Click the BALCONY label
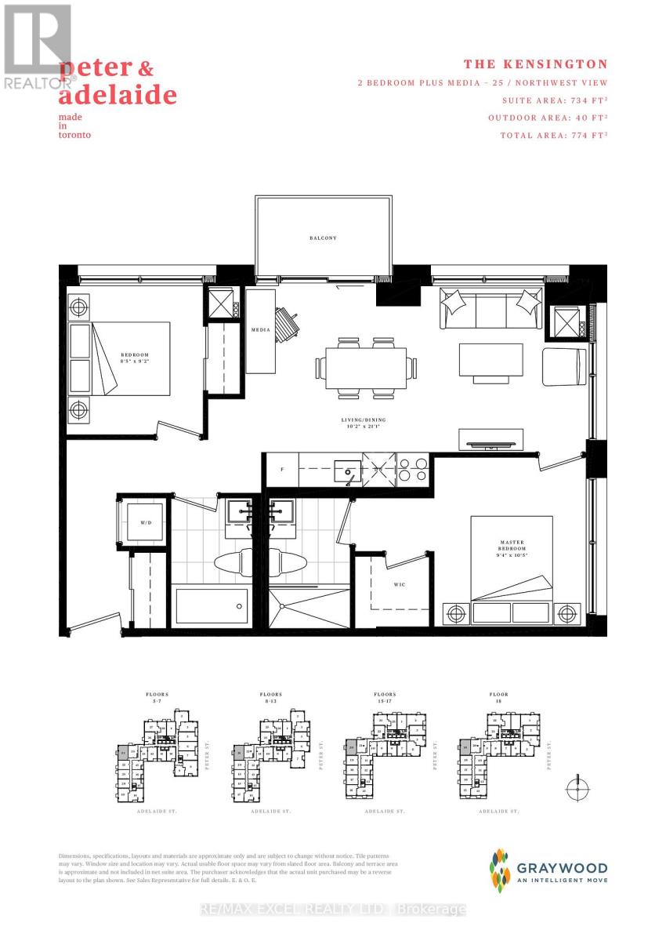click(x=322, y=238)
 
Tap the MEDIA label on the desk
click(x=260, y=330)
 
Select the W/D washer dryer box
click(x=146, y=523)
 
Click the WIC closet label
click(x=399, y=584)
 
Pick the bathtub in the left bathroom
click(x=212, y=605)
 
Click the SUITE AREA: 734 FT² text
click(x=553, y=100)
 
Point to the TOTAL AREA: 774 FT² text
click(x=554, y=135)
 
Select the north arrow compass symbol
click(x=577, y=787)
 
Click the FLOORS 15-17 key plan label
click(x=385, y=697)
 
